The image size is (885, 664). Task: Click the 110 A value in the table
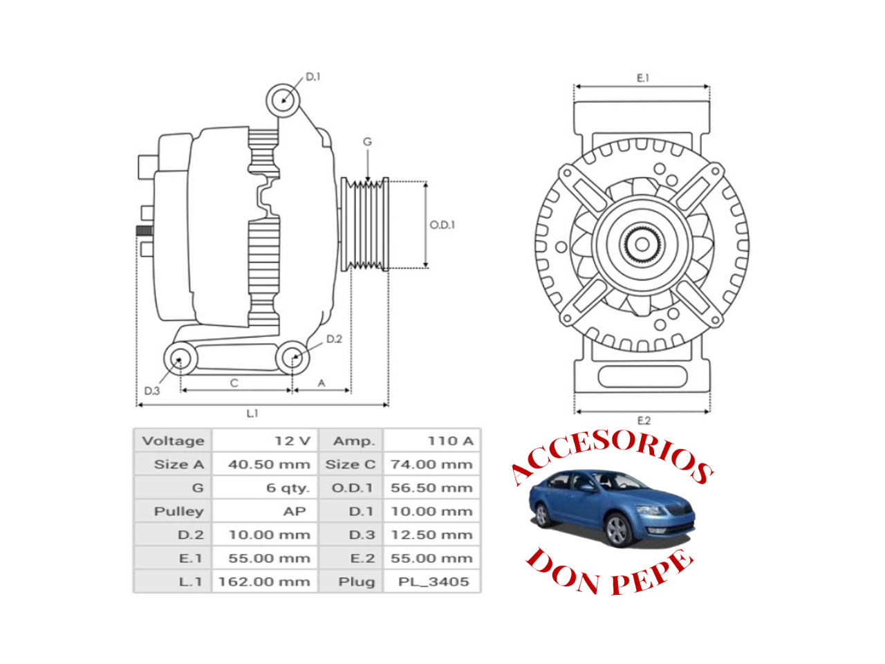point(450,441)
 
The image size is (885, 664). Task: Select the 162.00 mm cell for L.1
point(264,582)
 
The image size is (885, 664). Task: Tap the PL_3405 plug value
point(434,582)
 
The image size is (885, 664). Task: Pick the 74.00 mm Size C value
point(431,464)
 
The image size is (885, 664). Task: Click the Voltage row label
point(174,441)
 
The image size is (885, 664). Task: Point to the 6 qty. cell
point(288,488)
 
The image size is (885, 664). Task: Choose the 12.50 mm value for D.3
point(431,535)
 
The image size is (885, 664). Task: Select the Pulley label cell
point(178,511)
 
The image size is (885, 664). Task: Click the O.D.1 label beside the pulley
point(442,225)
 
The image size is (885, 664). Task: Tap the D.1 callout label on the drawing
point(313,77)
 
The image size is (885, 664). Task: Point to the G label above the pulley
point(367,142)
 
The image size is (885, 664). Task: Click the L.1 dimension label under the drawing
point(252,413)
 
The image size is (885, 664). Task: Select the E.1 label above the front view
point(643,77)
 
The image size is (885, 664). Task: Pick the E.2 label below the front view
point(644,421)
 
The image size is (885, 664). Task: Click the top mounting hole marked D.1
point(283,100)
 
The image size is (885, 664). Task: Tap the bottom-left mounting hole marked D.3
point(180,358)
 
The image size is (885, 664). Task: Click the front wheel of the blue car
point(617,530)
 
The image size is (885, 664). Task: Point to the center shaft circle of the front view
point(642,244)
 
